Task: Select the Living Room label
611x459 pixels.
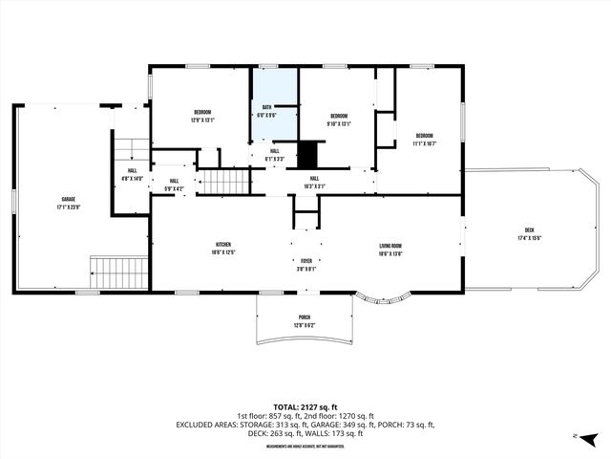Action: [390, 249]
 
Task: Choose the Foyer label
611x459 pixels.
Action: [305, 262]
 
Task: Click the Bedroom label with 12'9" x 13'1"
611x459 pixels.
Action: [201, 116]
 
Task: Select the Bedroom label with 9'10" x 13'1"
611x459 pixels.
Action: [339, 120]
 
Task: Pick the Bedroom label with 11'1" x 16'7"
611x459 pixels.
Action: [424, 139]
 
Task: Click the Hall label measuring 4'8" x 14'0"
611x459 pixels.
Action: [132, 175]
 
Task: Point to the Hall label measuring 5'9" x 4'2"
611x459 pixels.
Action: [174, 184]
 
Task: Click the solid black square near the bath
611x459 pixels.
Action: [307, 152]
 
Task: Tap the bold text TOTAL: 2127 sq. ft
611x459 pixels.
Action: [305, 404]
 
